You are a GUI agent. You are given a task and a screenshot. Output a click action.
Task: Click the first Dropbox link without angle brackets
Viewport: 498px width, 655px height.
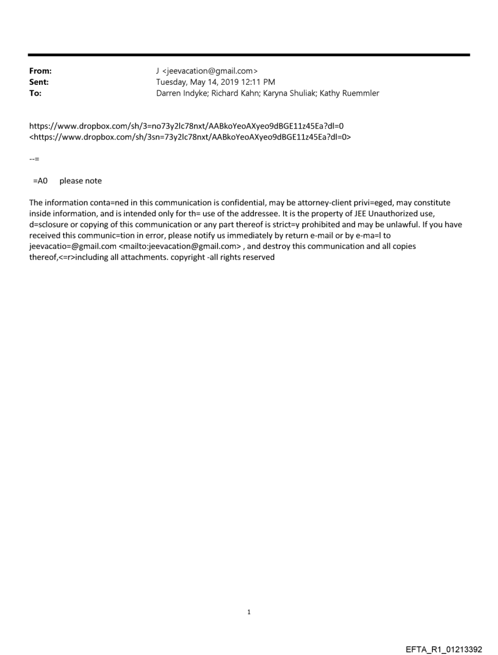click(x=186, y=126)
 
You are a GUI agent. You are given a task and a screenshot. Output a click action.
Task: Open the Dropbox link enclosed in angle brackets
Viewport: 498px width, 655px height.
click(x=190, y=137)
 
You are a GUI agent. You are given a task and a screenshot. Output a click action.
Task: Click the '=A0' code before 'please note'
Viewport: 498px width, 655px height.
click(x=40, y=181)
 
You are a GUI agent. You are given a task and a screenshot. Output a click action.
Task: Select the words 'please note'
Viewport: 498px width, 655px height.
click(x=81, y=181)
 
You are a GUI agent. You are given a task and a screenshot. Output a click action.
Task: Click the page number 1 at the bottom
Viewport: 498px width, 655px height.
click(x=249, y=612)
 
